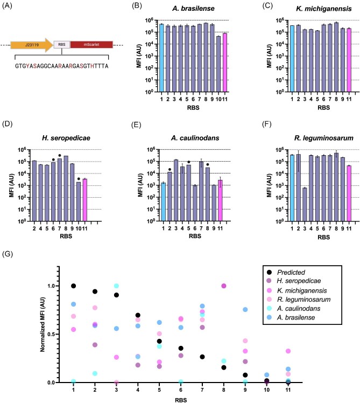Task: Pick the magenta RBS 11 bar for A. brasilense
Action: tap(225, 62)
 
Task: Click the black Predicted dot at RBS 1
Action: tap(73, 286)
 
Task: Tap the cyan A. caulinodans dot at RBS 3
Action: tap(116, 286)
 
